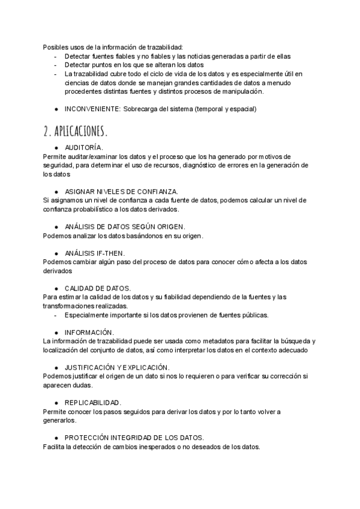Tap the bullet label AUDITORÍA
click(83, 147)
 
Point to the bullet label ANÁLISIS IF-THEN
click(94, 253)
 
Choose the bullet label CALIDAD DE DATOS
click(97, 288)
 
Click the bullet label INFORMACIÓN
click(89, 332)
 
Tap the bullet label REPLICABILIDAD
click(93, 402)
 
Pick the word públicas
click(254, 315)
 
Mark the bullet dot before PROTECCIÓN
click(56, 437)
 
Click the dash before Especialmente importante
click(56, 315)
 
